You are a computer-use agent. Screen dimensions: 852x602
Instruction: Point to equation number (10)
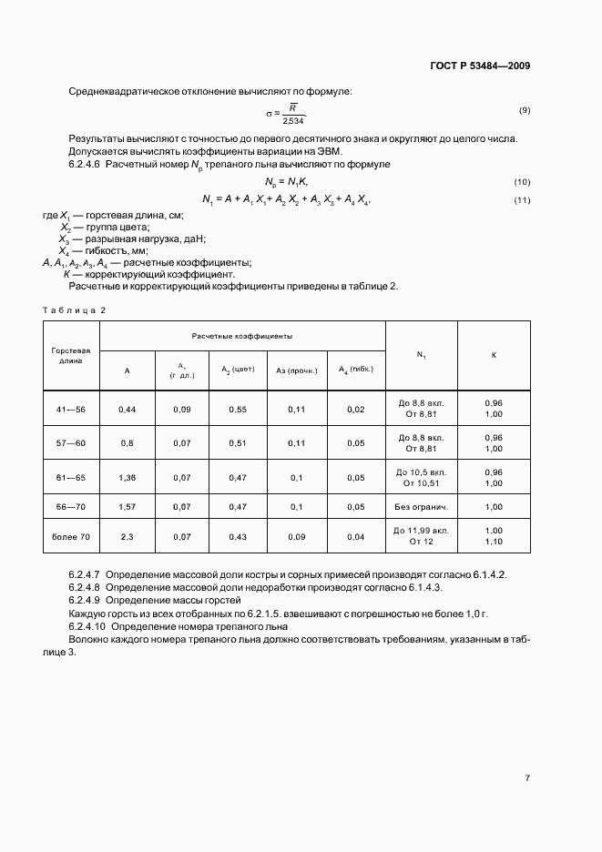coord(523,182)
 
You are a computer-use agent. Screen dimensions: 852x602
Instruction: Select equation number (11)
coord(523,200)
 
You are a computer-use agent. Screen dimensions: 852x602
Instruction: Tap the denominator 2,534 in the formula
coord(294,120)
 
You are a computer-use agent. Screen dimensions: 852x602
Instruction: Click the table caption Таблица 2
coord(75,309)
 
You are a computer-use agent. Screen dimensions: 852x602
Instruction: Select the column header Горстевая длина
coord(71,354)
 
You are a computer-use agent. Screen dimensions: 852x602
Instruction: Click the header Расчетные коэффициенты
coord(242,336)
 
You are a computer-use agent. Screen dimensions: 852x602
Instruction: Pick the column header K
coord(494,354)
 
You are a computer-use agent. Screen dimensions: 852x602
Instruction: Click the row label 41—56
coord(71,409)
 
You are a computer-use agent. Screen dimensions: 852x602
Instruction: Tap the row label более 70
coord(71,536)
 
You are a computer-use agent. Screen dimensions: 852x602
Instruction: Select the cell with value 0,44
coord(128,409)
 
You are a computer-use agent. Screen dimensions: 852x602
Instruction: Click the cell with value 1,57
coord(128,507)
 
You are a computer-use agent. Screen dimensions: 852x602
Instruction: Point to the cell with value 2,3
coord(128,536)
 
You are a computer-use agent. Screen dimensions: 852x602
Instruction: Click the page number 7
coord(527,777)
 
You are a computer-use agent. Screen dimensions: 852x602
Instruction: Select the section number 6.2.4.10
coord(87,627)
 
